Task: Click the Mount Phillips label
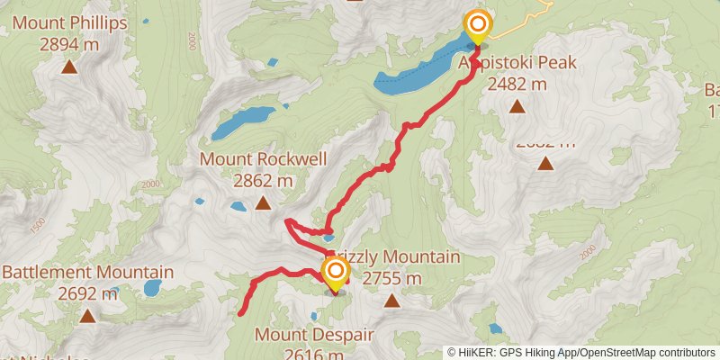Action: [x=69, y=22]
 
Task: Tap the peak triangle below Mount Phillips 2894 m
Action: [x=69, y=66]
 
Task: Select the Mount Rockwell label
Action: [x=263, y=159]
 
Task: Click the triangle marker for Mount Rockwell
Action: [x=263, y=203]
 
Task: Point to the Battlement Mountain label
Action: [x=88, y=272]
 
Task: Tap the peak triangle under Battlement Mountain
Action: [x=87, y=315]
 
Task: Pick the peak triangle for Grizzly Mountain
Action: [x=391, y=300]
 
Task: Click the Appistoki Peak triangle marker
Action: [x=517, y=107]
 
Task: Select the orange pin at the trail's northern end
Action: [x=477, y=25]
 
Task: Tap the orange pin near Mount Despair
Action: [x=336, y=273]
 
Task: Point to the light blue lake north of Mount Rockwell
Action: [x=243, y=122]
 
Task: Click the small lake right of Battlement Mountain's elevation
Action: [x=152, y=289]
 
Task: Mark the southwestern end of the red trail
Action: [x=242, y=313]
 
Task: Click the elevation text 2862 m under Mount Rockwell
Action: [x=263, y=180]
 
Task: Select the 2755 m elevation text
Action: [x=391, y=278]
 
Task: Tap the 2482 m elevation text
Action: [x=517, y=84]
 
